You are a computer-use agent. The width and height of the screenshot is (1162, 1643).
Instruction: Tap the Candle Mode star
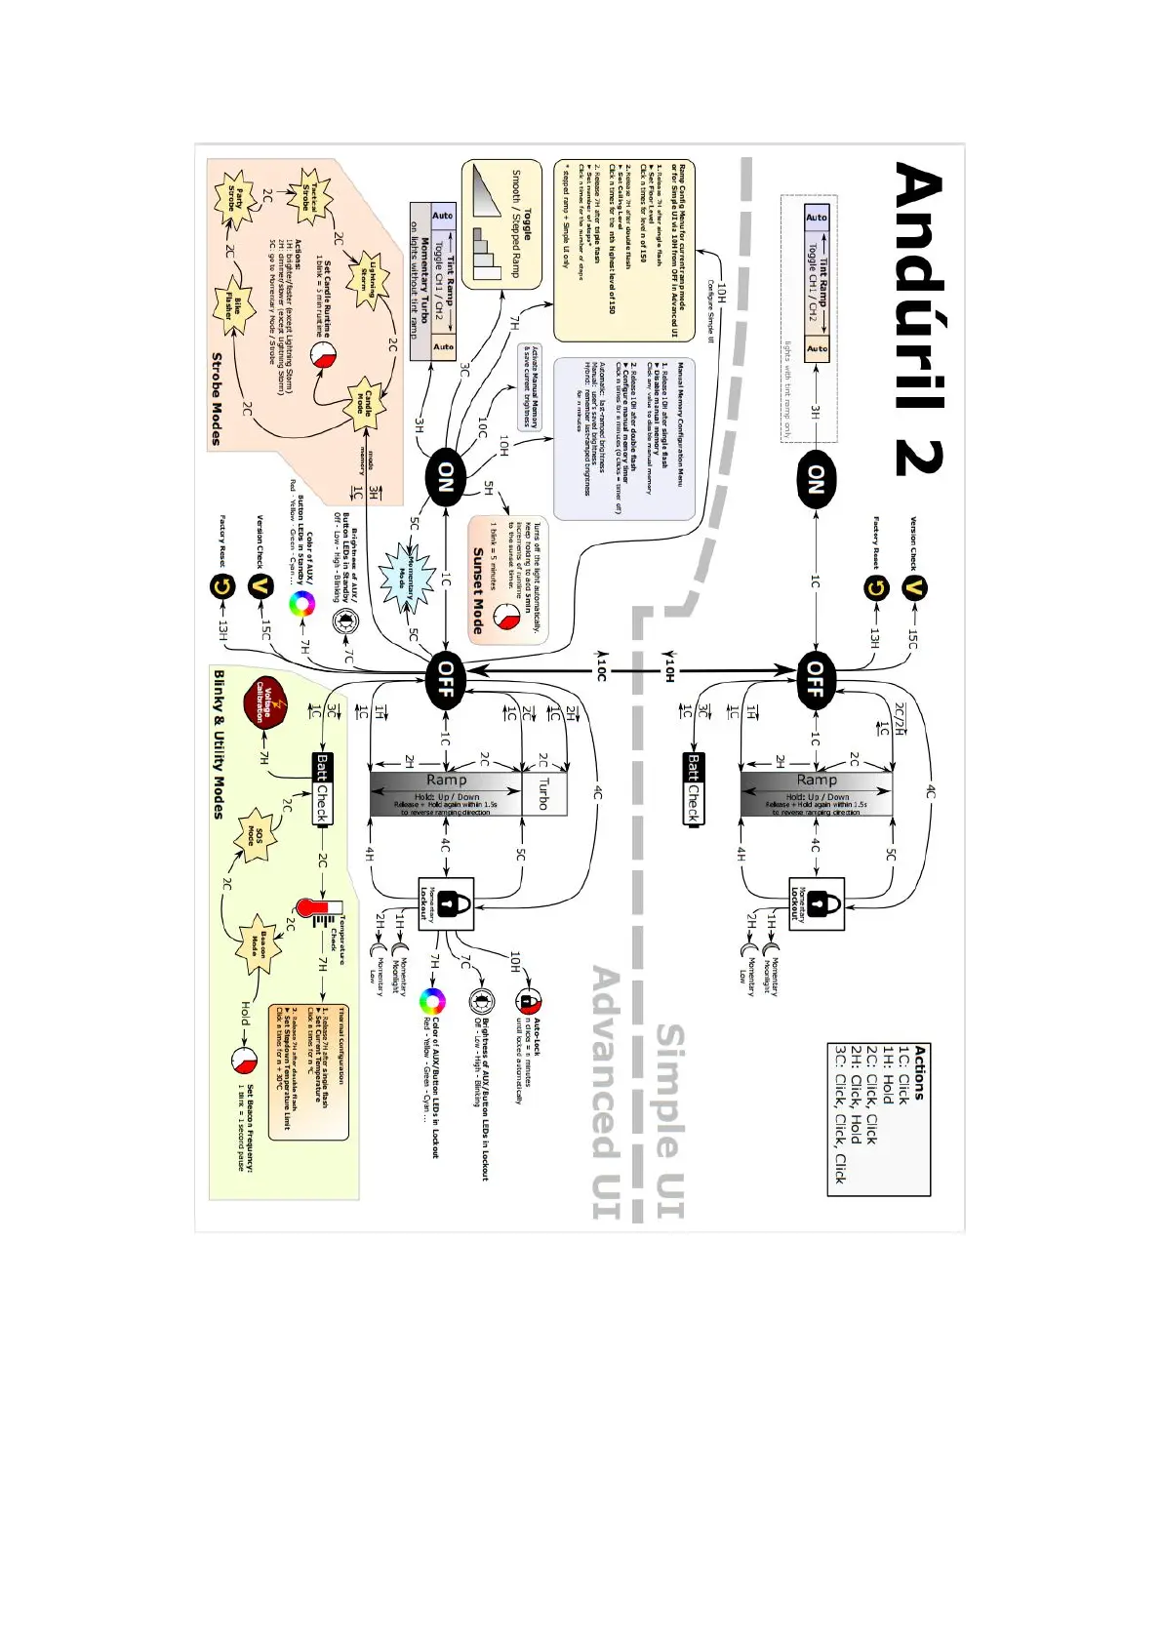click(363, 402)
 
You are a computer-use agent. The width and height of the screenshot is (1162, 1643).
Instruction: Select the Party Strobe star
click(235, 199)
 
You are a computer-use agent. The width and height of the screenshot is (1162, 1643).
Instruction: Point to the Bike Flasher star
click(234, 306)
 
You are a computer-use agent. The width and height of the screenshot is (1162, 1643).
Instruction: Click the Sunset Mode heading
click(478, 590)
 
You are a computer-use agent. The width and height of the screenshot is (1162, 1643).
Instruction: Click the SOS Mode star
click(256, 836)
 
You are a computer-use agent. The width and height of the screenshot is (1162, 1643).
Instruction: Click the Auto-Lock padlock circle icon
click(527, 1000)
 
